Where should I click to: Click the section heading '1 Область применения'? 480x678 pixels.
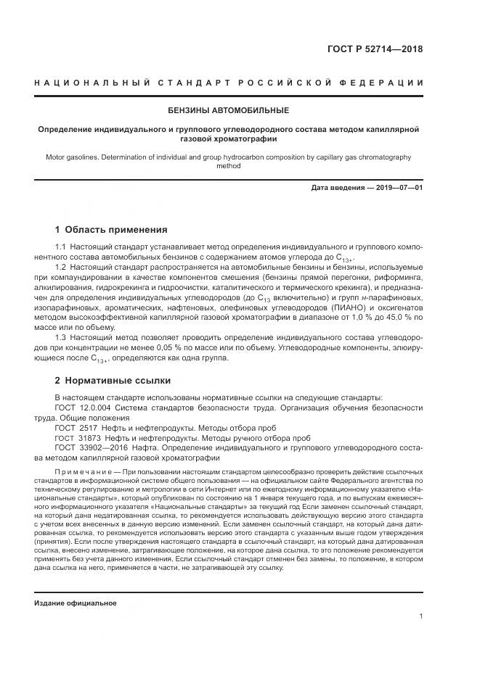click(x=111, y=230)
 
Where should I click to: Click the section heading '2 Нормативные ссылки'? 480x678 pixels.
click(x=113, y=380)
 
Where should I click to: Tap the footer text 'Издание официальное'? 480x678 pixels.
click(x=76, y=603)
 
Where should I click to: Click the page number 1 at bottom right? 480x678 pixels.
click(x=420, y=616)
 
